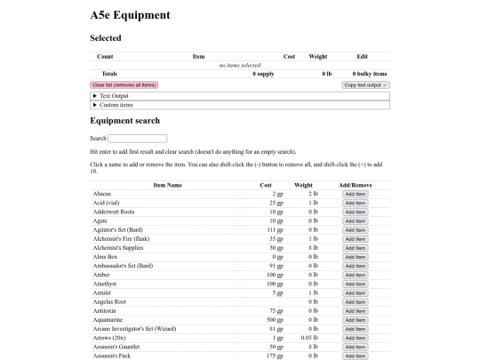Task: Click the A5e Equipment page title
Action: click(130, 15)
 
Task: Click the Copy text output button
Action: click(366, 84)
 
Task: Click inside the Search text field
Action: click(138, 139)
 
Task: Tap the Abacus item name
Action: click(102, 194)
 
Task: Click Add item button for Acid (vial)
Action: click(355, 203)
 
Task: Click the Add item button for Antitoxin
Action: click(355, 311)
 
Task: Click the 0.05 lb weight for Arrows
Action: click(308, 338)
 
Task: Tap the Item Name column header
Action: click(167, 185)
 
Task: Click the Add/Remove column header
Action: click(356, 185)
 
